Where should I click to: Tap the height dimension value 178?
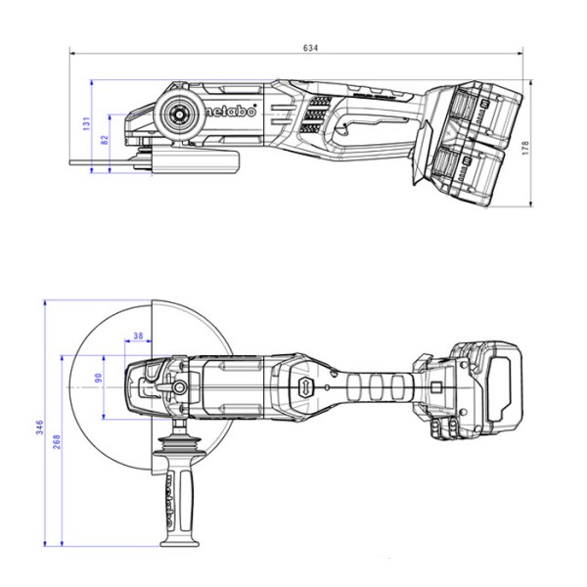coord(525,146)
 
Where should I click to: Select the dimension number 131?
coord(86,123)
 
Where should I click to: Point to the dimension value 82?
coord(105,141)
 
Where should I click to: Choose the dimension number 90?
coord(98,377)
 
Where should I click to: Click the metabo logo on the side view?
coord(232,112)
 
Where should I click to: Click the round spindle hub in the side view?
coord(181,113)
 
